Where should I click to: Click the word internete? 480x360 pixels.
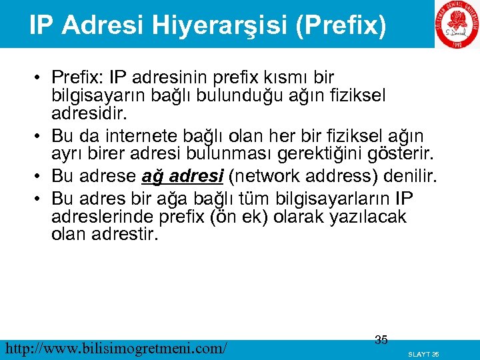(147, 137)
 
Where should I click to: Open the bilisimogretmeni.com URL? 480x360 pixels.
(115, 347)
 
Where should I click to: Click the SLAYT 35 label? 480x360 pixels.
(423, 354)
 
